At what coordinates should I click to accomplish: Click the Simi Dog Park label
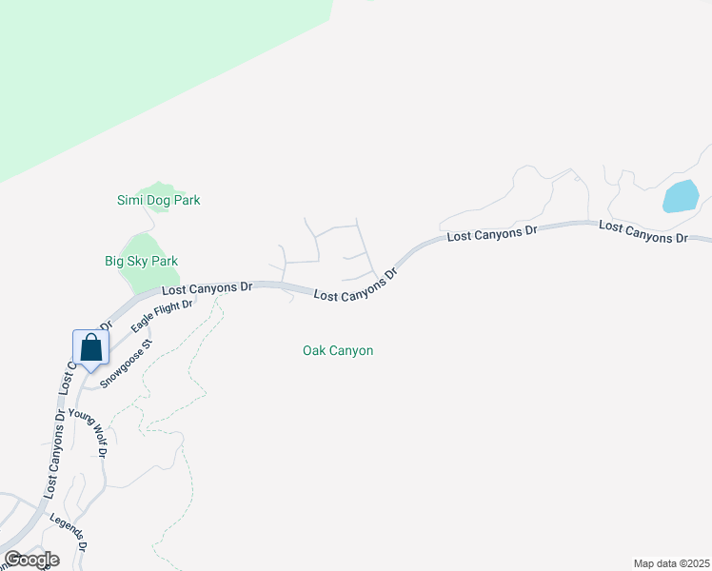pos(158,200)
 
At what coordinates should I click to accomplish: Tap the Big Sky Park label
pos(141,261)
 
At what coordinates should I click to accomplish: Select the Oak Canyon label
pos(338,350)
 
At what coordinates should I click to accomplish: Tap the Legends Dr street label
pos(69,533)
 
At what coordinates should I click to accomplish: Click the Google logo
pos(31,560)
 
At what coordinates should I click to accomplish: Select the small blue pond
pos(681,196)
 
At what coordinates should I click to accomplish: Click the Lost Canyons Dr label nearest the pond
pos(643,231)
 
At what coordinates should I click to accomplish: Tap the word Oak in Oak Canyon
pos(314,350)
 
